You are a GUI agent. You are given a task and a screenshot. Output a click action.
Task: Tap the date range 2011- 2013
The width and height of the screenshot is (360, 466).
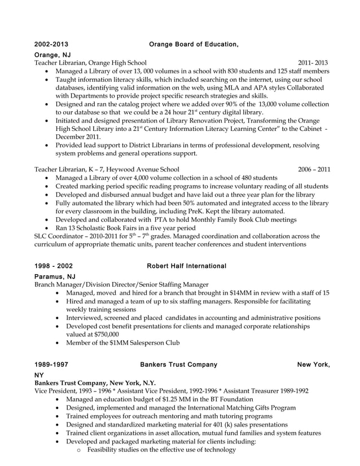[313, 63]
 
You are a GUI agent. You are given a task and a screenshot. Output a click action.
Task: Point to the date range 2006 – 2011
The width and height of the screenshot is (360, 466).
[314, 169]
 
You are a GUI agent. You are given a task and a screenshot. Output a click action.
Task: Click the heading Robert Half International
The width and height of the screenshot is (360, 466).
[186, 266]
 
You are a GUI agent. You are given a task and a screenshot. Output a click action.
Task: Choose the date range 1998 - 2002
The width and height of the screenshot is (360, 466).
[53, 266]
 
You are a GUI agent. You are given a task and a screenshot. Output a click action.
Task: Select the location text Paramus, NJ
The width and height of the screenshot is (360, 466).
[55, 276]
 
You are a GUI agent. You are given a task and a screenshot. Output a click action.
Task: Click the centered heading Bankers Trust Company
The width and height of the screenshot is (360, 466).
[178, 364]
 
